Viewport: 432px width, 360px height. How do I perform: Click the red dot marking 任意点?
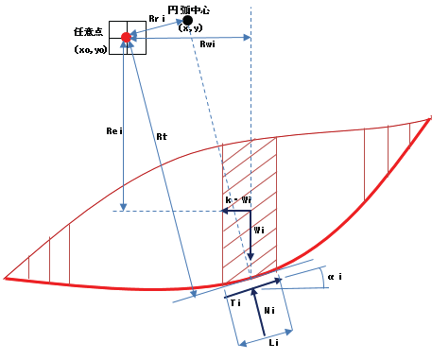coord(126,37)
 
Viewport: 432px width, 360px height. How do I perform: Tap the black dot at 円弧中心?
coord(187,21)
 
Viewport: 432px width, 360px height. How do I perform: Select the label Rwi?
coord(208,44)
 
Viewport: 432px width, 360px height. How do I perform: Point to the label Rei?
coord(114,131)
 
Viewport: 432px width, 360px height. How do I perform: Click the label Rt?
coord(162,137)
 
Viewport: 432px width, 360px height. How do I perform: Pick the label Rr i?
coord(157,19)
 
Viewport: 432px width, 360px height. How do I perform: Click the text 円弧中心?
coord(189,10)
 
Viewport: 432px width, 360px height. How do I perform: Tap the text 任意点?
coord(88,32)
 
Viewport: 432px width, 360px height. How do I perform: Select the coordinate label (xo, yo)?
coord(91,50)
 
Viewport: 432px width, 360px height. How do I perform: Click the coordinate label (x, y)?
coord(190,28)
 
